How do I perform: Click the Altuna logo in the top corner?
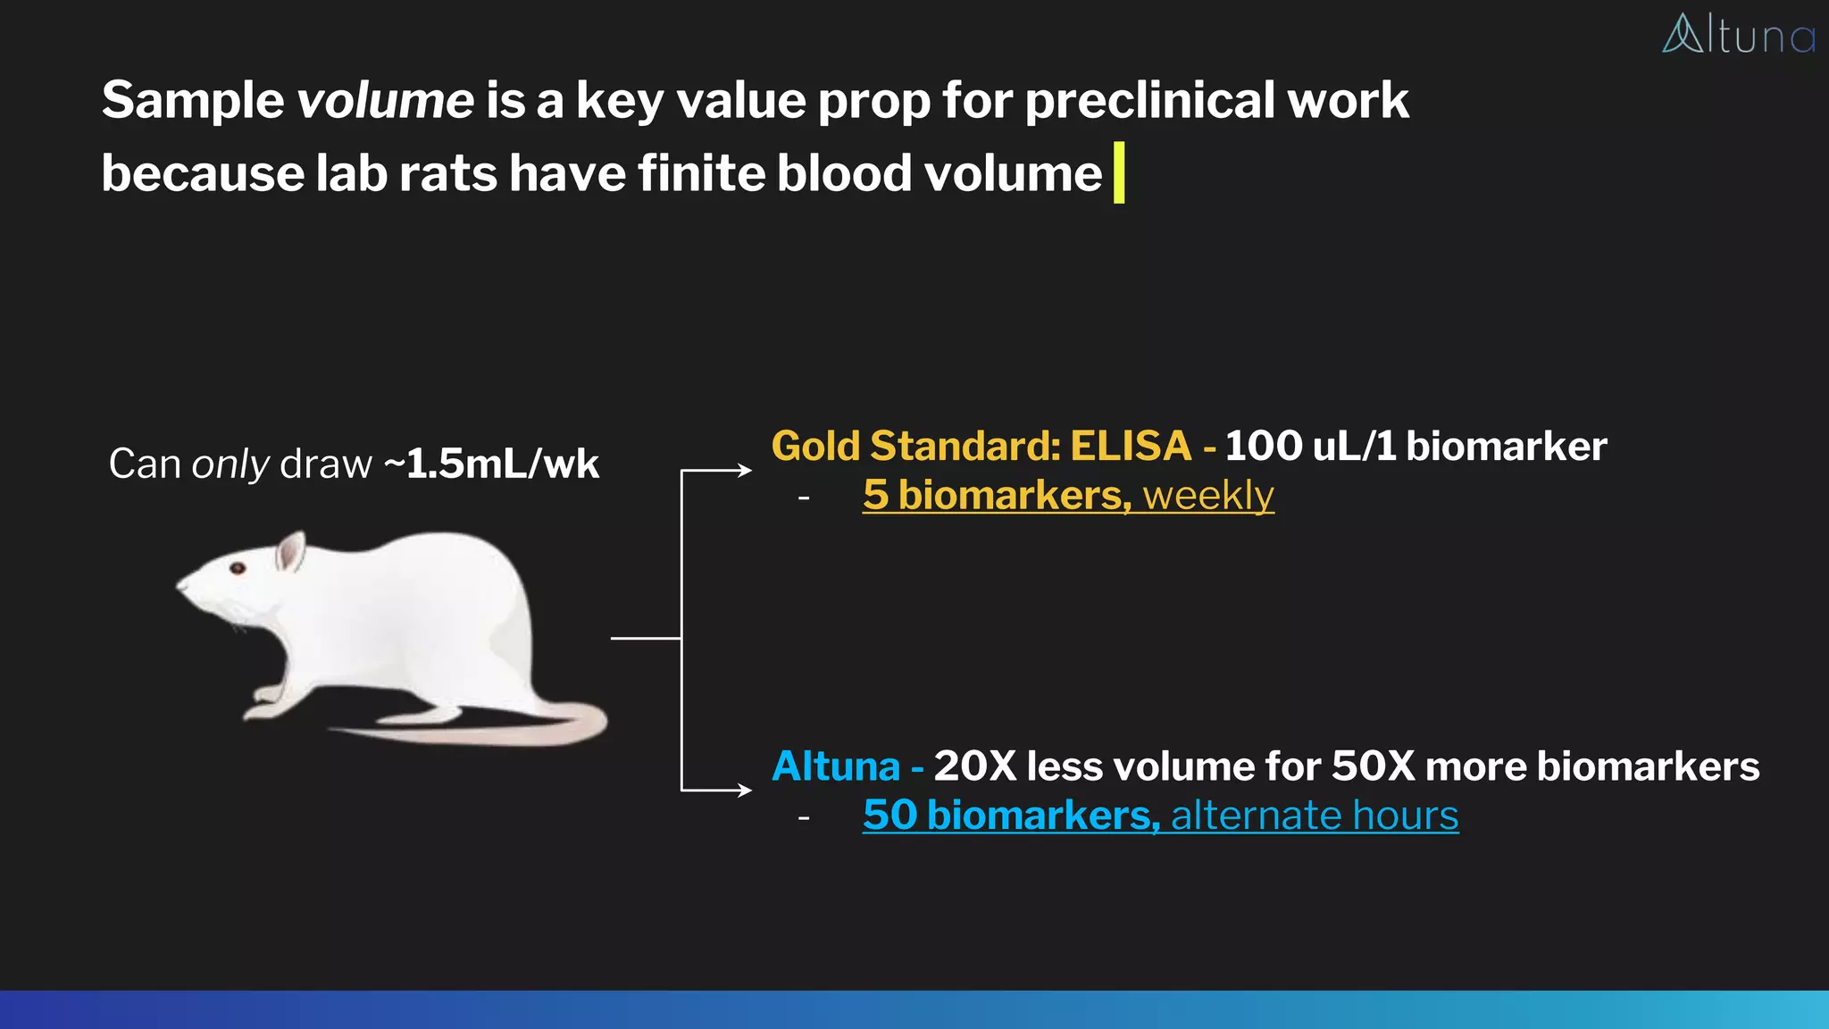click(1737, 35)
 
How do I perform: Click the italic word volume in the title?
click(385, 100)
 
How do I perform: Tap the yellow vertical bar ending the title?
click(1119, 172)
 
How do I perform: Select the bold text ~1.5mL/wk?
click(492, 464)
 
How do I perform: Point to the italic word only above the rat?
click(230, 464)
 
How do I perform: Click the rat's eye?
click(238, 568)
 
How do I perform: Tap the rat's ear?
click(290, 551)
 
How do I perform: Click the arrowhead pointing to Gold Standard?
click(745, 470)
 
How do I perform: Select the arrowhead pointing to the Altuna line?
click(745, 790)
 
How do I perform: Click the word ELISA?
click(1131, 446)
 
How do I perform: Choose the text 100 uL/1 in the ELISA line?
click(1310, 446)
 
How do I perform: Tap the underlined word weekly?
click(1208, 496)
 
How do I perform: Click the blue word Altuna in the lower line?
click(836, 766)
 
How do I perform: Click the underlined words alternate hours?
click(1315, 816)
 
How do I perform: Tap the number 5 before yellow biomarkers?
click(875, 496)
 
